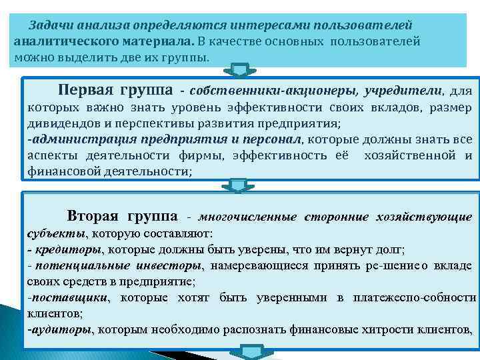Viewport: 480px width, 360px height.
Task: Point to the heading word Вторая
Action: pos(93,216)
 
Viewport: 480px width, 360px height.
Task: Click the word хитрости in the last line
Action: pos(369,329)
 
